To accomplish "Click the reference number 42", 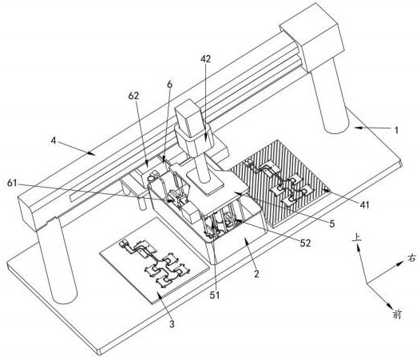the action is click(x=206, y=58).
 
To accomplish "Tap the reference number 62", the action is click(x=133, y=96).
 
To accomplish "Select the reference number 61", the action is click(x=12, y=184).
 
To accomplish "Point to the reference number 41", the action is click(x=364, y=205).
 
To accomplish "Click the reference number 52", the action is click(x=332, y=224).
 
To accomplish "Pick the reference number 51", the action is click(x=169, y=85).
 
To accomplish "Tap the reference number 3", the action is click(x=172, y=324).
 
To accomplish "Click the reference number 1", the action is click(x=397, y=130).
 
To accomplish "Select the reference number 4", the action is click(x=53, y=140).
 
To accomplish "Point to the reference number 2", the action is click(x=256, y=274).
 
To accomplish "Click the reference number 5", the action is click(x=332, y=224).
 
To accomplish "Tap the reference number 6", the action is click(x=169, y=85).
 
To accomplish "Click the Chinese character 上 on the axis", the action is click(x=356, y=238).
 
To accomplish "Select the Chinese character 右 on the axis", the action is click(x=412, y=258).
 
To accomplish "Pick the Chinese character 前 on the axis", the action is click(x=397, y=314).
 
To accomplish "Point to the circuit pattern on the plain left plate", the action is click(x=154, y=263).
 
